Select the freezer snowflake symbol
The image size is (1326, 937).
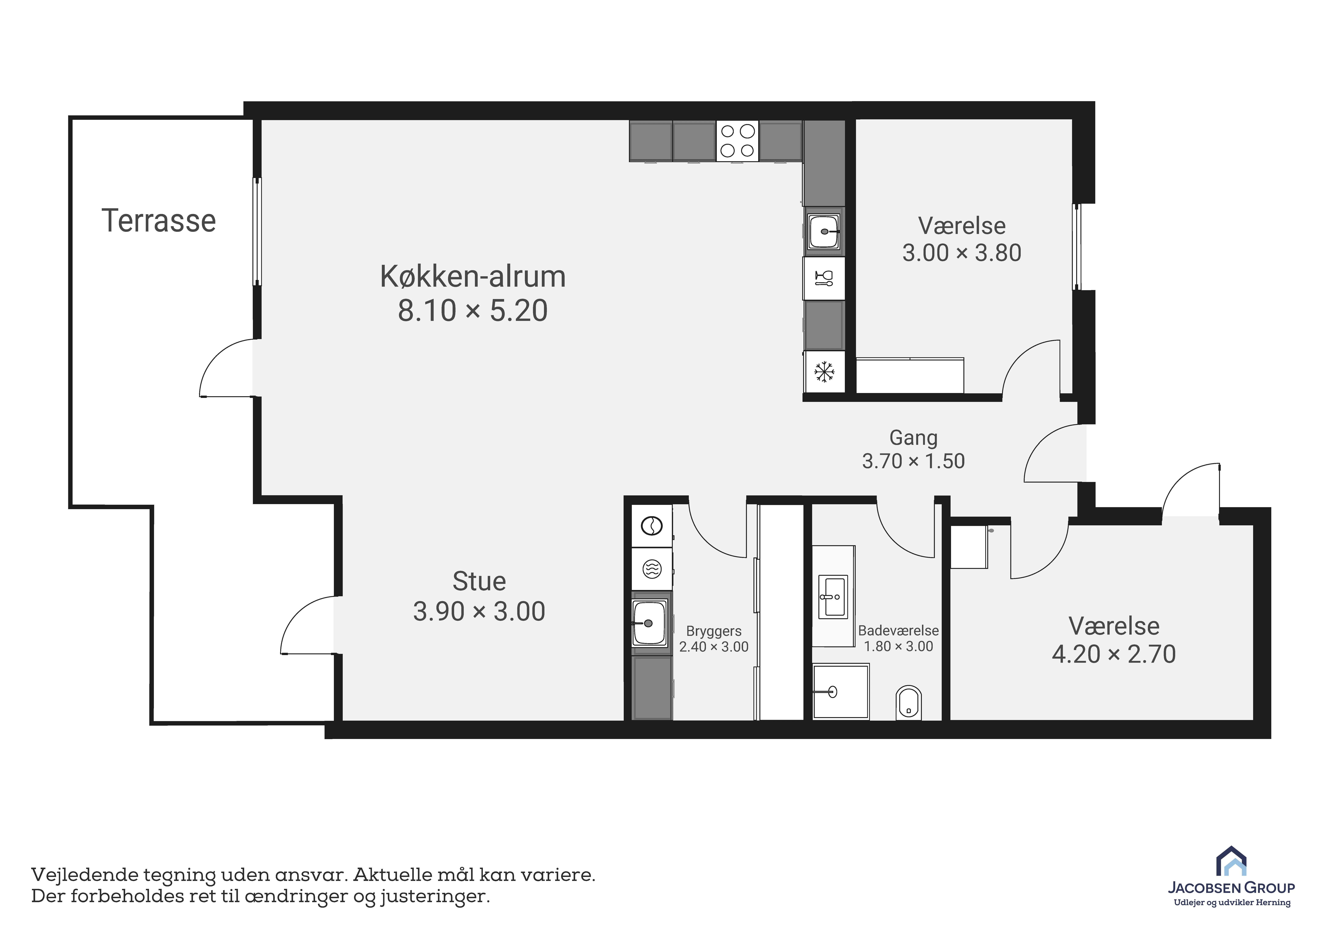[824, 371]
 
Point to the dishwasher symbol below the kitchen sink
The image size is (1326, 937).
[824, 278]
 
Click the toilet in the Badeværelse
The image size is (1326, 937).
[908, 703]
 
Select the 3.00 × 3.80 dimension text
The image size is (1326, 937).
[962, 253]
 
